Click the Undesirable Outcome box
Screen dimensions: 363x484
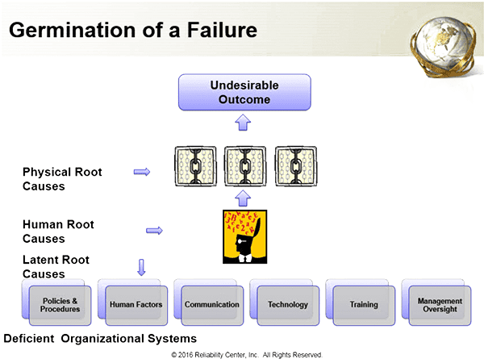(245, 92)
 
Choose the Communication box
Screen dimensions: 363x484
(211, 305)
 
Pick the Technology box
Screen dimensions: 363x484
(287, 305)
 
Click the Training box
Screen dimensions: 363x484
(363, 305)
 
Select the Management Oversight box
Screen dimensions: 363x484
(440, 305)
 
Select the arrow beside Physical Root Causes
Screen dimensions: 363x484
(142, 172)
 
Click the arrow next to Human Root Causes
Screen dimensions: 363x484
(153, 231)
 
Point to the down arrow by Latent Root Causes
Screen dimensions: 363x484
(142, 266)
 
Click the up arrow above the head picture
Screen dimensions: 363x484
(245, 198)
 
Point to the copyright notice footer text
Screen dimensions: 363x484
(247, 354)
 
